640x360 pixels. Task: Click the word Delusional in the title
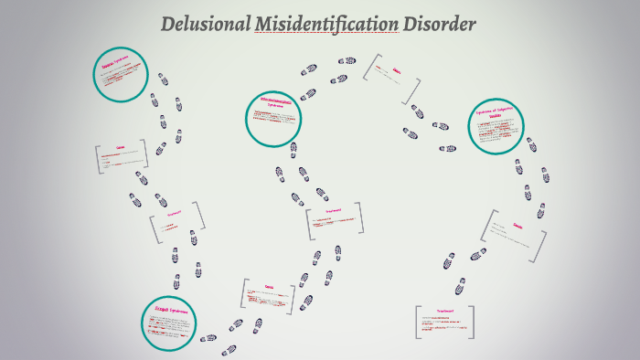click(x=204, y=25)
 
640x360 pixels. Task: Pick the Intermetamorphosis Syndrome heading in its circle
click(x=275, y=103)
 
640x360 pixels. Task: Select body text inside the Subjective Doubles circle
click(x=498, y=132)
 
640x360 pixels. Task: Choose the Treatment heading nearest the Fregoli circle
click(x=175, y=213)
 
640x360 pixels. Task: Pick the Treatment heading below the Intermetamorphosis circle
click(x=333, y=209)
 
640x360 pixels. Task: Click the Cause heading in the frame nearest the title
click(x=396, y=69)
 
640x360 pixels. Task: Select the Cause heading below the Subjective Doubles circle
click(x=517, y=226)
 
